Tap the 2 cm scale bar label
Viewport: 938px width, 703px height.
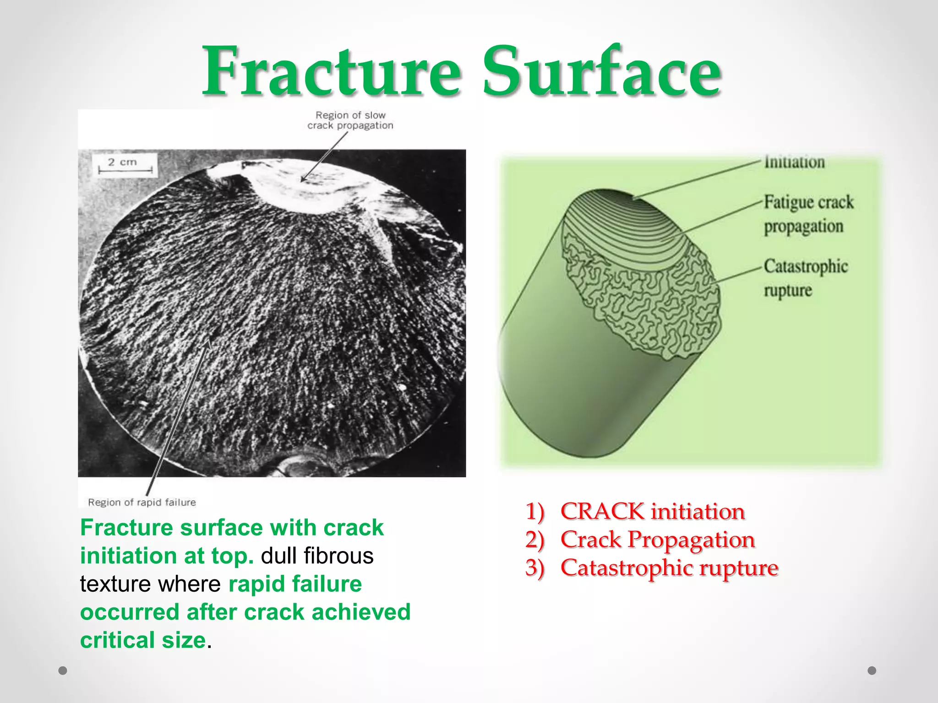123,162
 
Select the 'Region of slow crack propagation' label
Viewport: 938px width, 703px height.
350,120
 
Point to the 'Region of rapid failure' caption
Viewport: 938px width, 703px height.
142,502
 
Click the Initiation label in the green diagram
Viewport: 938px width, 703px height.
794,162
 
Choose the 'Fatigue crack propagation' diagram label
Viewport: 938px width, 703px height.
808,214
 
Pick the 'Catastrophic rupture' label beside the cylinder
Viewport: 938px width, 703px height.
805,278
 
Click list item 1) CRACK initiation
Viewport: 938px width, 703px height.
635,511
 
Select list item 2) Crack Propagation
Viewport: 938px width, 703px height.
640,540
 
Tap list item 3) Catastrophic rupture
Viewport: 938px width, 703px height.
651,568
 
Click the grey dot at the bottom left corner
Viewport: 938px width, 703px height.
63,671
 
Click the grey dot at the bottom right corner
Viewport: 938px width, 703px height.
872,671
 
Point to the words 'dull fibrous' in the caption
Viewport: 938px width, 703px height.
317,556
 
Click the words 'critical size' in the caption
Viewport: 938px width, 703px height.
143,640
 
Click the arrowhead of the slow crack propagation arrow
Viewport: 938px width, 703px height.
303,179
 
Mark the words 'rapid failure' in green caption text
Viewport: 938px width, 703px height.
295,584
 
